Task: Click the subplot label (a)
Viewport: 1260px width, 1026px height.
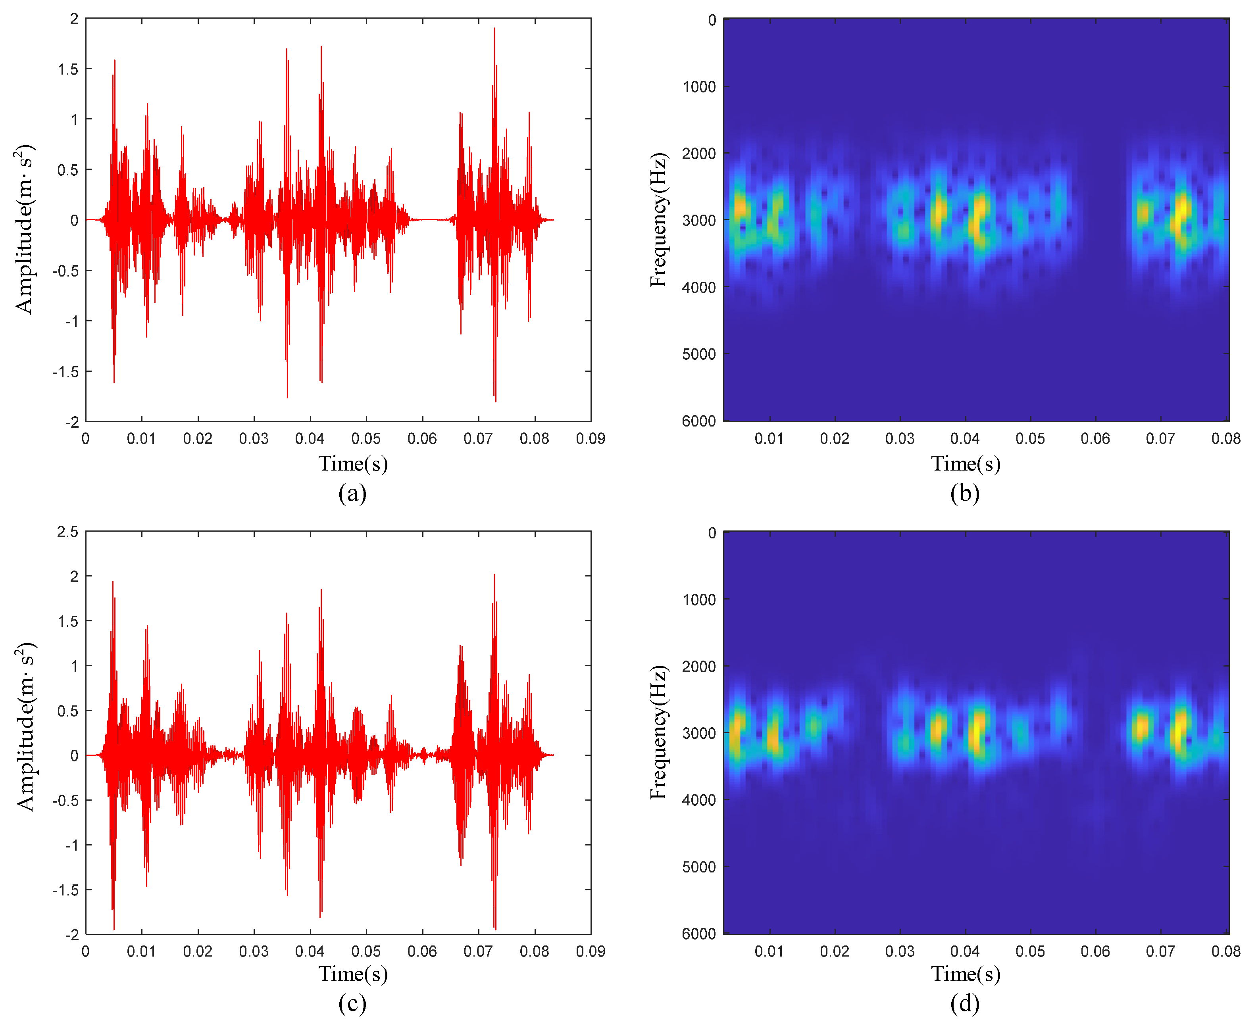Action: [x=352, y=493]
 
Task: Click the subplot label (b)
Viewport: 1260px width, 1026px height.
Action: [x=964, y=493]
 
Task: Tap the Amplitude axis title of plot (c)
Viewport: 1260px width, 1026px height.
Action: [x=25, y=726]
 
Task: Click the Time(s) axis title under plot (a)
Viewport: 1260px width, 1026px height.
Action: [x=353, y=464]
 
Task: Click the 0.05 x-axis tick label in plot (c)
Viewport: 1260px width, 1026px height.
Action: [x=366, y=951]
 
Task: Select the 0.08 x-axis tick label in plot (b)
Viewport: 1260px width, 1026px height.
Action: [x=1226, y=438]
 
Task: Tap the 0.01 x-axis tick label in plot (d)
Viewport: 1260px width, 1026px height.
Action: [x=769, y=951]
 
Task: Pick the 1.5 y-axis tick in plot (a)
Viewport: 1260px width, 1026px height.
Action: [x=67, y=69]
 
